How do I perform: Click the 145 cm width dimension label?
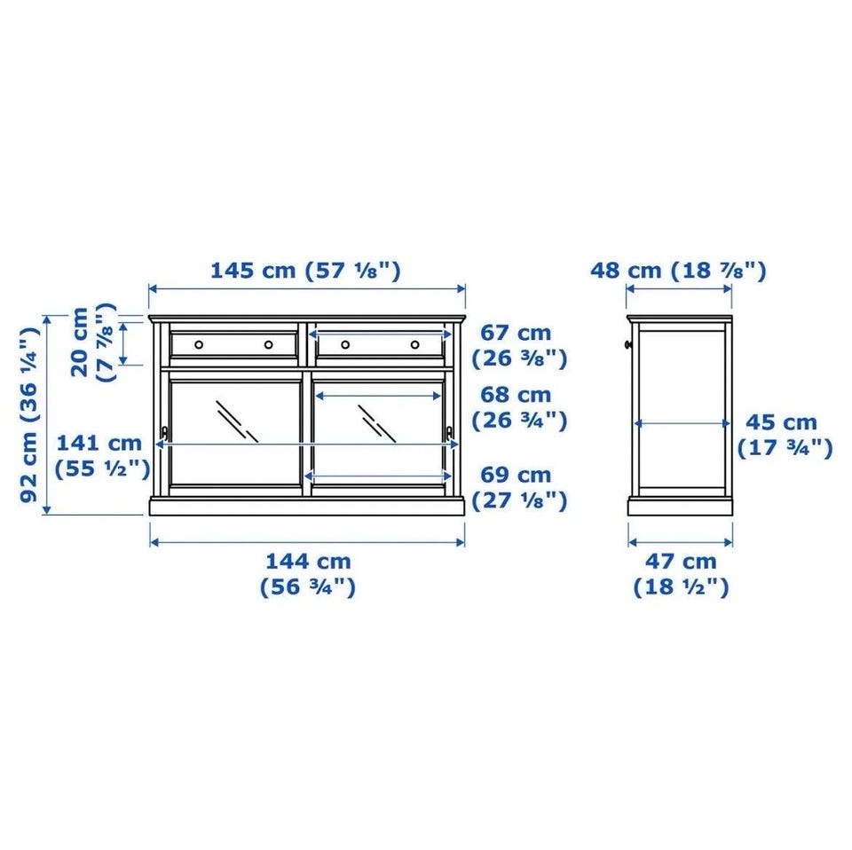pos(305,270)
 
